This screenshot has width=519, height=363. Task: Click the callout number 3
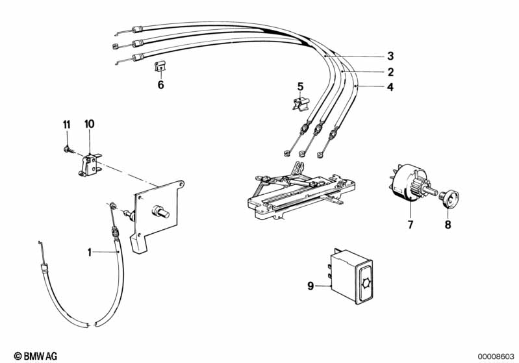pos(390,56)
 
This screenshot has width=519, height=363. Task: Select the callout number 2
pos(390,72)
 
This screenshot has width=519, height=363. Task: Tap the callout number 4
pos(390,87)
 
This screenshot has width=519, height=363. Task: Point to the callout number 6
pos(160,85)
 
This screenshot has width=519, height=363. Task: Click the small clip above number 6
pos(160,66)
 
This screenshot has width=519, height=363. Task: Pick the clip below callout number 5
pos(301,103)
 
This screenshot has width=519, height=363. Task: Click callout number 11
pos(67,125)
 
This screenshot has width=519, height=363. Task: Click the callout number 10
pos(89,124)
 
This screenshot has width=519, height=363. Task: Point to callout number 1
pos(90,253)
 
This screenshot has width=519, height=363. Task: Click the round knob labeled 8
pos(449,199)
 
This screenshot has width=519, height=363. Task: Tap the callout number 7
pos(411,225)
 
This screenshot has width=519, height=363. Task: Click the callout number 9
pos(310,286)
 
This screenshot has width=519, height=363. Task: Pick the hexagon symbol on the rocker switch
pos(365,284)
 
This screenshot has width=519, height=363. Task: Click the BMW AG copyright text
pos(36,356)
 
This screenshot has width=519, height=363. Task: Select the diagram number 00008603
pos(496,357)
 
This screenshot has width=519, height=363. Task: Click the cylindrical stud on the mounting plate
pos(160,212)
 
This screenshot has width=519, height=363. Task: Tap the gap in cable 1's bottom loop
pos(92,324)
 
